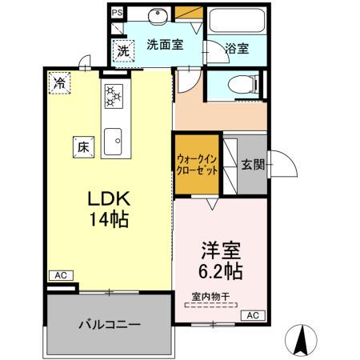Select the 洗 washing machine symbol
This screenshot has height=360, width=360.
(x=122, y=49)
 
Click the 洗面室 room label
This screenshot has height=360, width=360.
(x=165, y=46)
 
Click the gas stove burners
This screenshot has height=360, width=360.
(x=112, y=97)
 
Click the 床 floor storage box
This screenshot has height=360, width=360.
(x=82, y=146)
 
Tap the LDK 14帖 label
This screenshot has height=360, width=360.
(x=109, y=207)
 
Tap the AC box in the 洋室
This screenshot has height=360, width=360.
(x=251, y=315)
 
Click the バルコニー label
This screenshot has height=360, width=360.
(x=109, y=326)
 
